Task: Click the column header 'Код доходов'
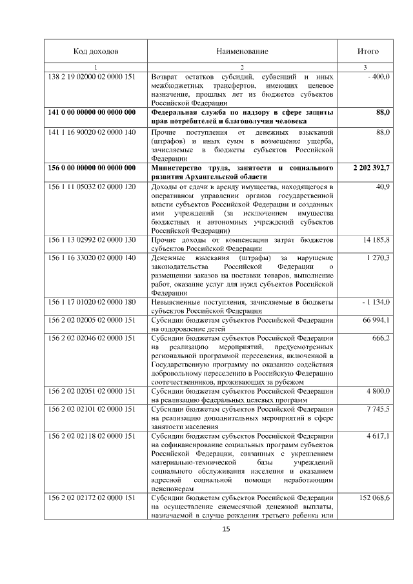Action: (96, 51)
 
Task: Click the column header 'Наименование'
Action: (242, 51)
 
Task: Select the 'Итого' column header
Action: (368, 51)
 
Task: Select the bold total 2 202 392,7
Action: (371, 168)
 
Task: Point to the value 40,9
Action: (383, 186)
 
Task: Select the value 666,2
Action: (381, 338)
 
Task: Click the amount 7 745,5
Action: (379, 409)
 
